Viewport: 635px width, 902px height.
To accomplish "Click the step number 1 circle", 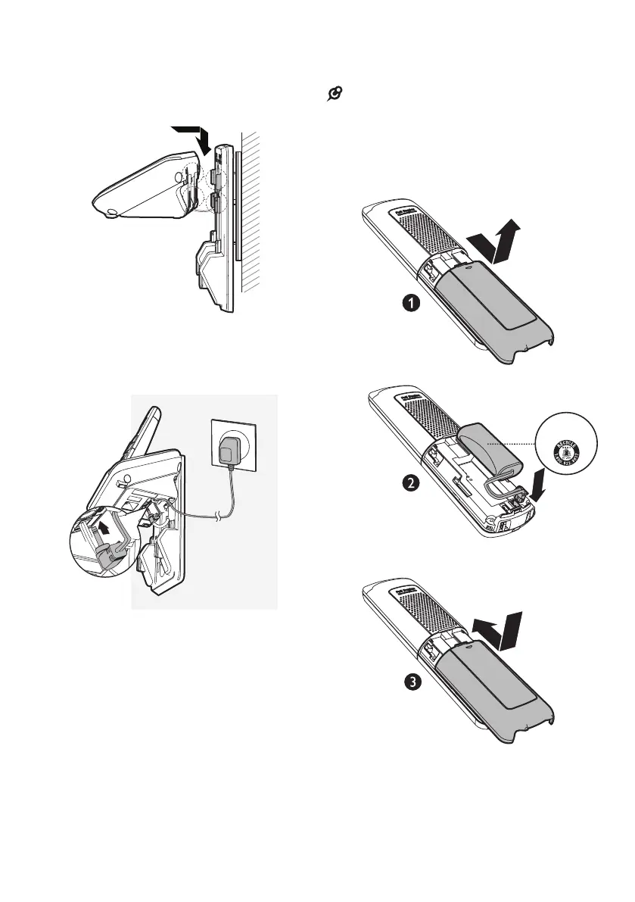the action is (410, 304).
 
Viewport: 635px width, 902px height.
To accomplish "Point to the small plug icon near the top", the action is (332, 95).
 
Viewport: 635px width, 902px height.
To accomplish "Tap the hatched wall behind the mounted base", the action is (254, 212).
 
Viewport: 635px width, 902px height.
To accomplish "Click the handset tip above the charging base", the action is (152, 416).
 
